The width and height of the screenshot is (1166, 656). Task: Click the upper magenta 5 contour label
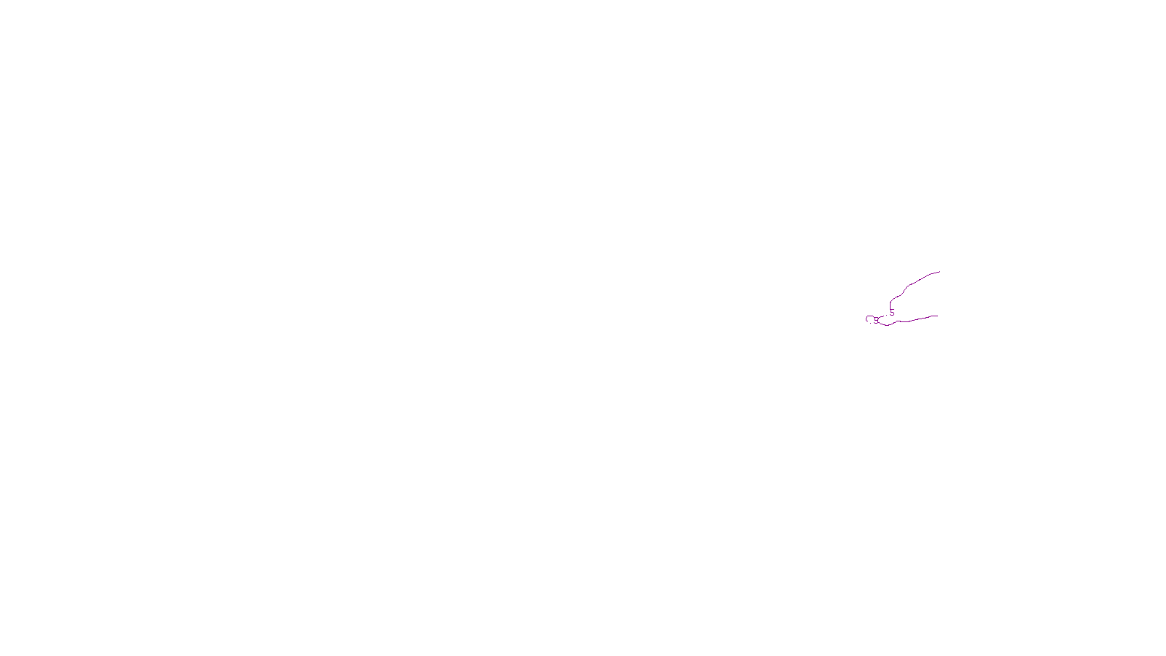(892, 313)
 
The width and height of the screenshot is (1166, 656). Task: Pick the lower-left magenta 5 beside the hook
(876, 319)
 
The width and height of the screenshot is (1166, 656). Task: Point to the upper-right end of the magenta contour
(939, 272)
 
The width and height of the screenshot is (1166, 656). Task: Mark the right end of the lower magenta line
(937, 316)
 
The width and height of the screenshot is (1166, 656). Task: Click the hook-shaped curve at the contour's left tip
(867, 319)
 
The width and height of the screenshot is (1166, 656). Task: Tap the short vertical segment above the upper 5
(890, 303)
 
